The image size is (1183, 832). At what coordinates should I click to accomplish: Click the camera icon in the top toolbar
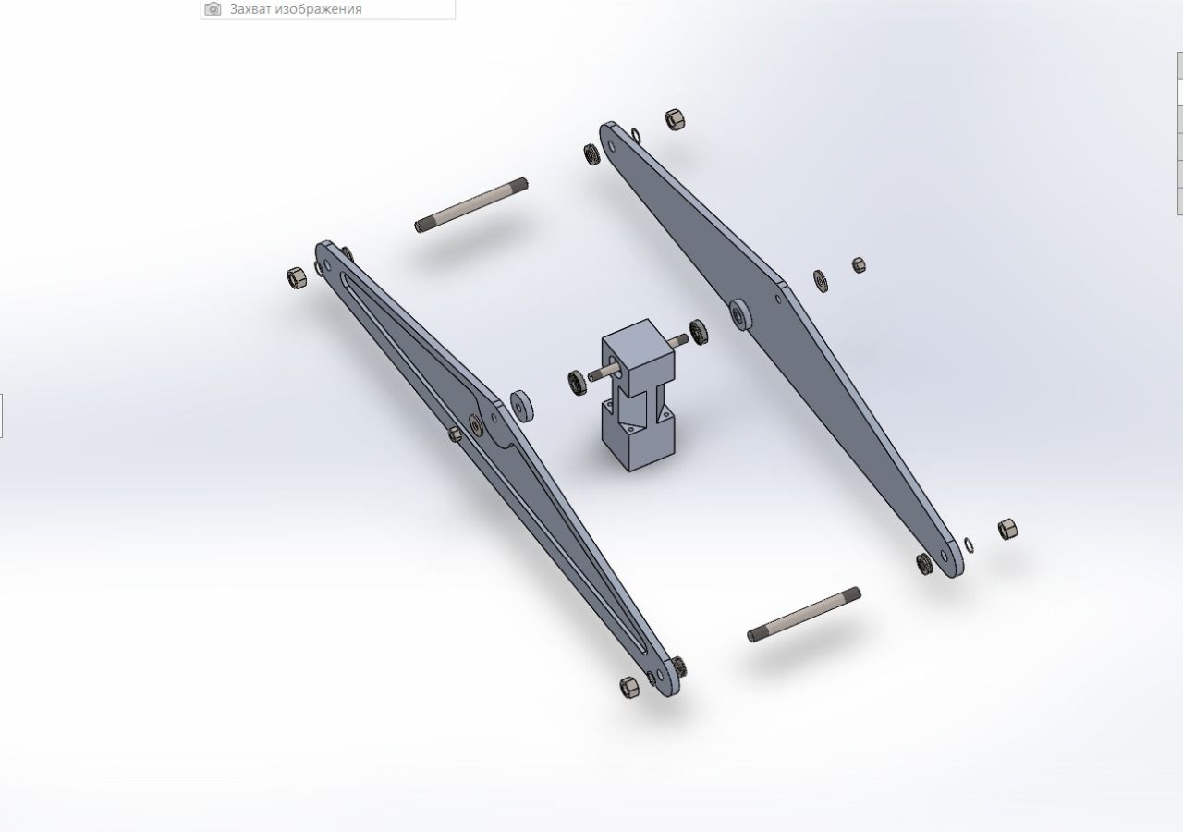(x=213, y=9)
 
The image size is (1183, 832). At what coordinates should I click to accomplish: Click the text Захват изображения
(x=296, y=9)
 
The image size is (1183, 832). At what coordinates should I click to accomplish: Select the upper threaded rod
(x=471, y=205)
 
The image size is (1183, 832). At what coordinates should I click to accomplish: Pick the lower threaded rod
(x=804, y=615)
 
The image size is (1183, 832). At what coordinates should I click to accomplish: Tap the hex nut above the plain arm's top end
(x=675, y=120)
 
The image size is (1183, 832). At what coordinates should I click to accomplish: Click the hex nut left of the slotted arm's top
(x=297, y=277)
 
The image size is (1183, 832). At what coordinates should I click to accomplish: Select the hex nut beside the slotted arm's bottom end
(x=628, y=687)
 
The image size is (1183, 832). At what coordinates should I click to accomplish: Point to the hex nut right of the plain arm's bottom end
(x=1007, y=530)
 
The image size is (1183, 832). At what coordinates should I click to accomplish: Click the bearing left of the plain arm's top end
(x=591, y=154)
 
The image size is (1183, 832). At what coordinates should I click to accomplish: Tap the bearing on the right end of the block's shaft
(x=699, y=332)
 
